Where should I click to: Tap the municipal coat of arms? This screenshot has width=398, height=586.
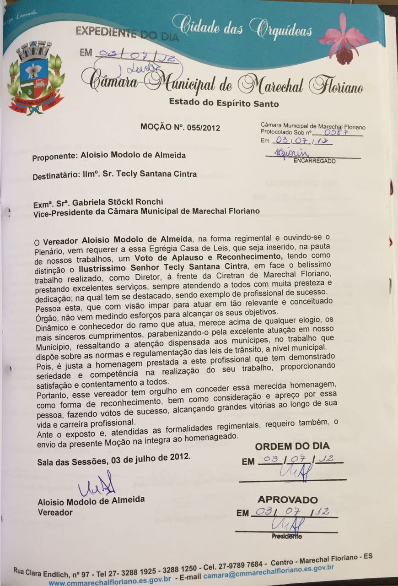click(36, 78)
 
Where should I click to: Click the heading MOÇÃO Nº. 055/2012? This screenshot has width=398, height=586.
click(180, 128)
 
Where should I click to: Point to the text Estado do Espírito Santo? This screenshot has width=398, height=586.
click(224, 103)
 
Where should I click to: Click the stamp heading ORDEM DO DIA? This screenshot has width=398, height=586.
click(292, 446)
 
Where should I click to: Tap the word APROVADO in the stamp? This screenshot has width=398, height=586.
click(287, 499)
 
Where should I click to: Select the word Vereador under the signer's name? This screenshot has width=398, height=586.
click(55, 512)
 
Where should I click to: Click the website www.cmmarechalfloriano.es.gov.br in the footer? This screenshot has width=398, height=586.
click(110, 581)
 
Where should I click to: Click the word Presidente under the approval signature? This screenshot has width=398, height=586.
click(287, 536)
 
